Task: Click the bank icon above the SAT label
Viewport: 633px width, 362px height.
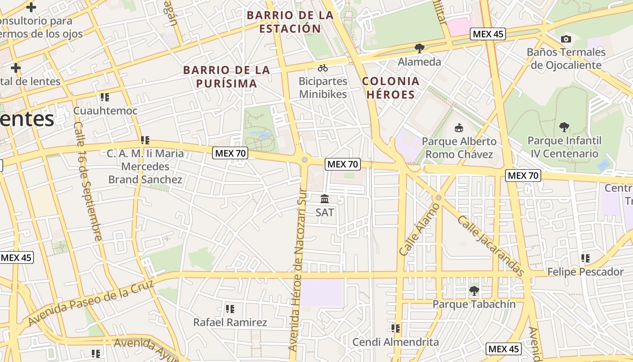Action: pos(325,199)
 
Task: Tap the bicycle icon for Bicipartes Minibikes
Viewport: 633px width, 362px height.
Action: pos(323,68)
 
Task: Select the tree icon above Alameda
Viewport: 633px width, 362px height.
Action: pos(420,48)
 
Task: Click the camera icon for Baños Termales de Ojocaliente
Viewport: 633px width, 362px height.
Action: pos(566,39)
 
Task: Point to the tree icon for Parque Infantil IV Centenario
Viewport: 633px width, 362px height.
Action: pos(564,127)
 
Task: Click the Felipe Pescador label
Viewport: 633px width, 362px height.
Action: pos(585,272)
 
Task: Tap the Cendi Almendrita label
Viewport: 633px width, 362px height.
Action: pos(396,342)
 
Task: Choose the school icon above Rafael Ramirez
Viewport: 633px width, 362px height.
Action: pos(230,310)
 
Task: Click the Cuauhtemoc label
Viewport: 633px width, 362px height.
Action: pos(105,111)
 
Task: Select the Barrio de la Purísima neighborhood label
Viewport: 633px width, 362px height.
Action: pos(227,77)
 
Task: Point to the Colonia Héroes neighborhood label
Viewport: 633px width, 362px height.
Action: pos(391,88)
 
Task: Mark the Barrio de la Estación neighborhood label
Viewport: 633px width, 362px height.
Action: pos(290,22)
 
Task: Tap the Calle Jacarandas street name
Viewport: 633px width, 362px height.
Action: pos(491,246)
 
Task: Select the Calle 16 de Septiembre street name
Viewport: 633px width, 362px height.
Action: pos(87,181)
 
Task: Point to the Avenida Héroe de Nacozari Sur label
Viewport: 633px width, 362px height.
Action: pos(300,270)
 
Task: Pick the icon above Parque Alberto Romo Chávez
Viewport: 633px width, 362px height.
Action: pos(458,128)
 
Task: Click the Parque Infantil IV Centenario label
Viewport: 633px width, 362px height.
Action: pos(564,147)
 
